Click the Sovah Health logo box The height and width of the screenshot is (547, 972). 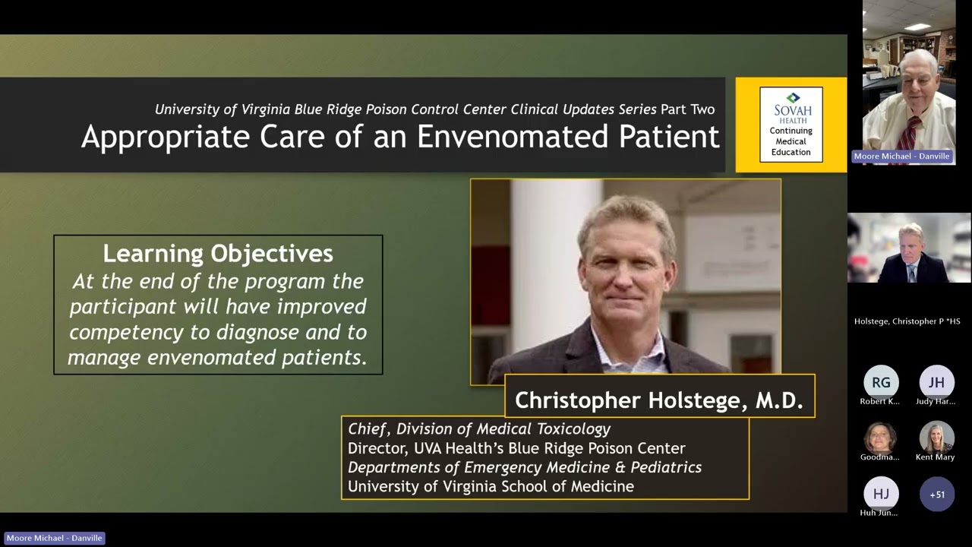[791, 124]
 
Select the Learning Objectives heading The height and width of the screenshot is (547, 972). [218, 253]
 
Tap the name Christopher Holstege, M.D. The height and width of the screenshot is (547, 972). [659, 400]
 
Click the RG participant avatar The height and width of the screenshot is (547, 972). [881, 383]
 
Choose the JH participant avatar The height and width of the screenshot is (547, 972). [936, 383]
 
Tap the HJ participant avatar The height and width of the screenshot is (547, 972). [881, 494]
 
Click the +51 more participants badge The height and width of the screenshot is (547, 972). [936, 494]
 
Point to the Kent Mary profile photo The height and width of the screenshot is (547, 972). [936, 437]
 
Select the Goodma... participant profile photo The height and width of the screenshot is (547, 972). [881, 437]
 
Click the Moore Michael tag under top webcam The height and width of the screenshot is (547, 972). [901, 157]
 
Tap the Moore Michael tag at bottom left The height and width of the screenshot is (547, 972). [54, 538]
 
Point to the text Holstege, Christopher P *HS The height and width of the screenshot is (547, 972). [907, 321]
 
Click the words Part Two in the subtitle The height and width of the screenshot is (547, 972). [687, 109]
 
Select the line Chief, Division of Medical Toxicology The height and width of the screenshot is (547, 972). [479, 429]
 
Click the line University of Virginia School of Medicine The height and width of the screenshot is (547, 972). [491, 486]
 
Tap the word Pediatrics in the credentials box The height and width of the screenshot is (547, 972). [666, 467]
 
